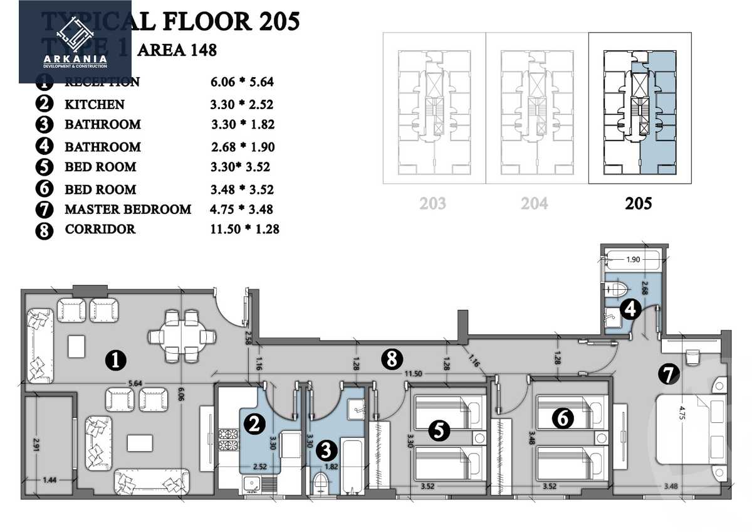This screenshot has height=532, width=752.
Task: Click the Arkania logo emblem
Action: coord(75,35)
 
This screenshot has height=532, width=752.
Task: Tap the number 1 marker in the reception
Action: coord(115,360)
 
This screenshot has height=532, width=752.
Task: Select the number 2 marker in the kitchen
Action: coord(254,425)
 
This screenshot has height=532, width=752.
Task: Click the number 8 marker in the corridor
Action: coord(392,359)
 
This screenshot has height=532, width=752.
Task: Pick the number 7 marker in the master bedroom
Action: coord(669,375)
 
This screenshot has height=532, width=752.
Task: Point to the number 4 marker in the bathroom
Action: coord(630,308)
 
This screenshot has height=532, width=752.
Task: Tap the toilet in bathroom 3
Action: coord(320,484)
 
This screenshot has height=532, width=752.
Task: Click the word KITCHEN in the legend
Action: coord(95,104)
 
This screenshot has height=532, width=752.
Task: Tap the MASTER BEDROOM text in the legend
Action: coord(128,209)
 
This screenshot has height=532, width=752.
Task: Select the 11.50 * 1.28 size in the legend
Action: coord(244,229)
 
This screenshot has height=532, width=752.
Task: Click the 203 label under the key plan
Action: coord(433,203)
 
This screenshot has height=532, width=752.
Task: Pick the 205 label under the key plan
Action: coord(639,203)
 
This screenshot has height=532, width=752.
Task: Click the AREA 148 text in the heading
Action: coord(177,50)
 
